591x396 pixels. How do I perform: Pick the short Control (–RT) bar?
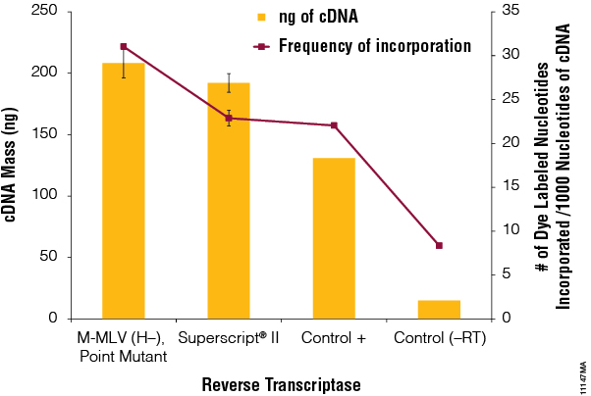pos(439,310)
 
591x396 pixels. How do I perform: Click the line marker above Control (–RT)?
pos(439,245)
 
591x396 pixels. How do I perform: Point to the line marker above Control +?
pos(334,125)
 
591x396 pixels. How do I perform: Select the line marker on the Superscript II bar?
pos(228,118)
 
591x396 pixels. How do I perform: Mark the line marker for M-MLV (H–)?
pos(123,46)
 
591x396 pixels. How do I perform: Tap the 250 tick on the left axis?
pos(45,11)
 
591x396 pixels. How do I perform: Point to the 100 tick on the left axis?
pos(45,196)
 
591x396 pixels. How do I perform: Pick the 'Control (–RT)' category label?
pos(440,338)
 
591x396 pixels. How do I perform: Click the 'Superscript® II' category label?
pos(229,338)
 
